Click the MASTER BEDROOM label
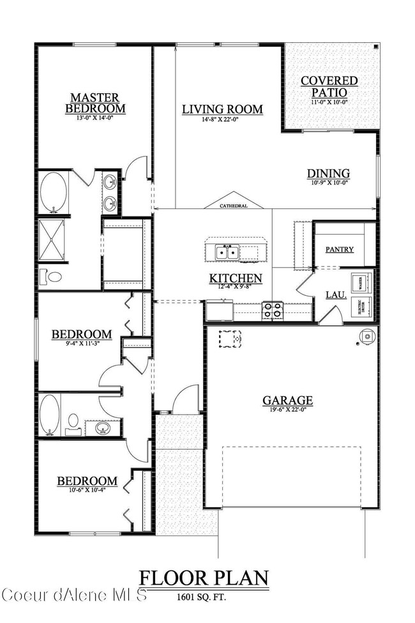pos(94,103)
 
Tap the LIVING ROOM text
pos(222,109)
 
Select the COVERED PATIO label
pos(329,86)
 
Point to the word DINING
pos(328,173)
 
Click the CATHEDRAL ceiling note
pos(234,206)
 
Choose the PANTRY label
pos(339,249)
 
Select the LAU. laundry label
pos(336,295)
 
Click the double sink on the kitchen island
pos(226,252)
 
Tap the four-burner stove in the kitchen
pos(273,311)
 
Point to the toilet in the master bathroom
pos(52,277)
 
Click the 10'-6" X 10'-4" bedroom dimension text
pos(87,491)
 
